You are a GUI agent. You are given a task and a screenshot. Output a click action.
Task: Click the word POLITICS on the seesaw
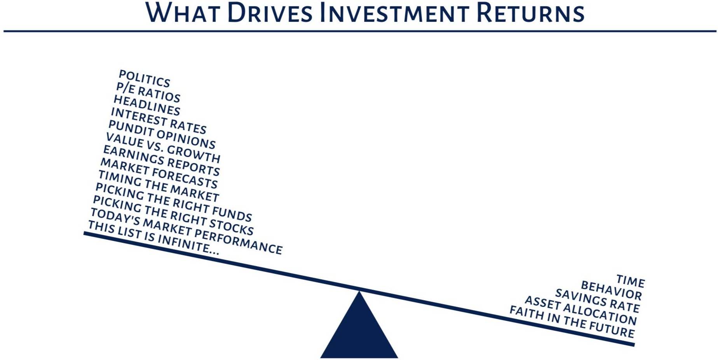point(145,79)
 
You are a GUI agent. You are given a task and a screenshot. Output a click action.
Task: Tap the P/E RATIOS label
point(148,92)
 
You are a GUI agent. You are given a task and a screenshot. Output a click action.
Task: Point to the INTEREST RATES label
point(159,121)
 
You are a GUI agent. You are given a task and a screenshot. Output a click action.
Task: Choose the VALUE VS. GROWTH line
point(163,148)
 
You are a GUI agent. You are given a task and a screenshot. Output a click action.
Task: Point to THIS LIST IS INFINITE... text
point(154,238)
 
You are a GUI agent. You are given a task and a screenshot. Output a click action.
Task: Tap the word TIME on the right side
point(631,281)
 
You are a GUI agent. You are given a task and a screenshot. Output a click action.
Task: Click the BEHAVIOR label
point(612,290)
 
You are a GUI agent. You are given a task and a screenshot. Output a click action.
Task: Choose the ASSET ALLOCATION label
point(581,311)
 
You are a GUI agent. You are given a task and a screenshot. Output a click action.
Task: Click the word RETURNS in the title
point(530,13)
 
